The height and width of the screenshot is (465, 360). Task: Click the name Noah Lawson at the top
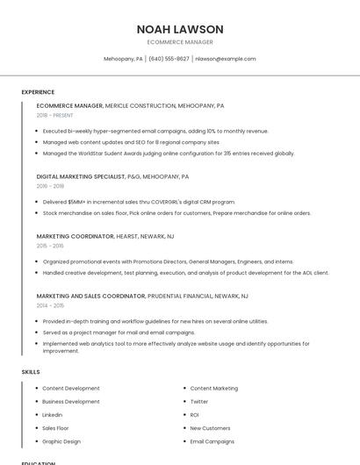180,29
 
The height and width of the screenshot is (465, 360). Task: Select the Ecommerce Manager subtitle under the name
180,42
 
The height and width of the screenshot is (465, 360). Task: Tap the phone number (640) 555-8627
169,59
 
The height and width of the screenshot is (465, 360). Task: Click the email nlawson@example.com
226,59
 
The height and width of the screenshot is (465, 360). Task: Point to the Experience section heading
38,92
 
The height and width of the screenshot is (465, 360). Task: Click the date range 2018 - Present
54,115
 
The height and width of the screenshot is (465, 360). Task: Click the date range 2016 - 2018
50,186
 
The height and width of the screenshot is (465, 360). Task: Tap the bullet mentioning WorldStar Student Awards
169,153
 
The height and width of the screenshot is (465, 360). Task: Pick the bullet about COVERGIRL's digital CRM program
139,202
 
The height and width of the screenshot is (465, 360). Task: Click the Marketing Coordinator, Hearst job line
105,236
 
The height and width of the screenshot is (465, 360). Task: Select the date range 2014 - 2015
50,306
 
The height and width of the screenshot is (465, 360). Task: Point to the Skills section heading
31,372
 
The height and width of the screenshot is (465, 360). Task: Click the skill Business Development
71,401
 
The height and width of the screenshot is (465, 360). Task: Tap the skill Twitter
199,401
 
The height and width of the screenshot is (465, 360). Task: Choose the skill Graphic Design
61,441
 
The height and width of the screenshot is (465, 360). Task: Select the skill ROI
195,414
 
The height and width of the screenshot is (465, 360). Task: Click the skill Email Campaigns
212,441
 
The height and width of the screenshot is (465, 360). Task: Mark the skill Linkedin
53,414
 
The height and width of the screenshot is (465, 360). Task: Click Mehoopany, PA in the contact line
123,59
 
